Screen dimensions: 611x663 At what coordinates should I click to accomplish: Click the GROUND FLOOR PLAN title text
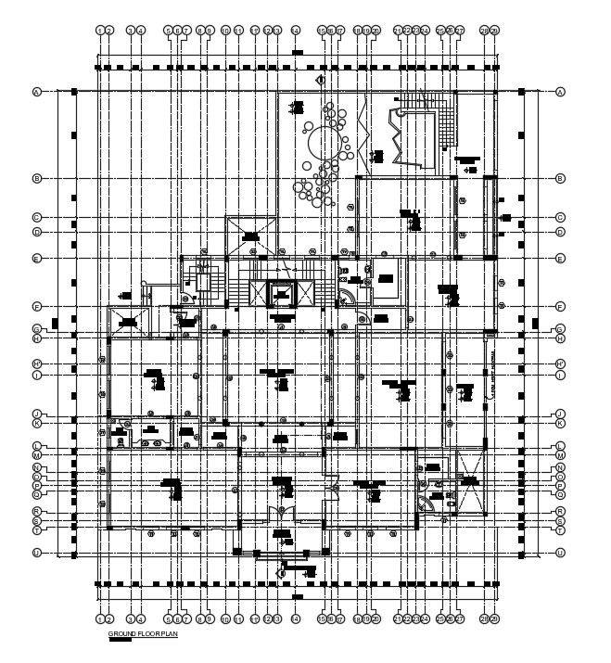[142, 633]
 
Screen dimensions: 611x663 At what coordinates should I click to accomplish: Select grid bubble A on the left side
[37, 92]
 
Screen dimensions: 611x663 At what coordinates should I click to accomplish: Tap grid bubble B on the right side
[560, 178]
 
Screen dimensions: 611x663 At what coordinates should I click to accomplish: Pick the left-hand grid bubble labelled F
[37, 306]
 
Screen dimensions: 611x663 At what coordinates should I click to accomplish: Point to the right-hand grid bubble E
[560, 258]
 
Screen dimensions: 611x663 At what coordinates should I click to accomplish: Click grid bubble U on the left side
[37, 553]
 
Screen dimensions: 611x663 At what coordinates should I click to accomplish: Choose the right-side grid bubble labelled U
[560, 553]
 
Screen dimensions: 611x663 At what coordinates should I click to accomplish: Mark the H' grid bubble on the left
[37, 363]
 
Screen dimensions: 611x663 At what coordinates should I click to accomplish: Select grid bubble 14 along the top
[295, 31]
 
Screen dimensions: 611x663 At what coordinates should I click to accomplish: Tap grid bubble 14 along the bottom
[295, 618]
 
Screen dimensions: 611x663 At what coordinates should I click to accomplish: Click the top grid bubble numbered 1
[99, 31]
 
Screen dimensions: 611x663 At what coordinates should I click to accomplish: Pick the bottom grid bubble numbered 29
[494, 618]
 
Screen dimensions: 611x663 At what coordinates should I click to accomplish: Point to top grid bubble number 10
[225, 31]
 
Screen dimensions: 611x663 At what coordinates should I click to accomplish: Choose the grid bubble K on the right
[560, 423]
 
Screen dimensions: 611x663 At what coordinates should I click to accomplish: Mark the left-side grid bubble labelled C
[37, 218]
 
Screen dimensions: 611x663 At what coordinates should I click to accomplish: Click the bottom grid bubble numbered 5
[169, 618]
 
